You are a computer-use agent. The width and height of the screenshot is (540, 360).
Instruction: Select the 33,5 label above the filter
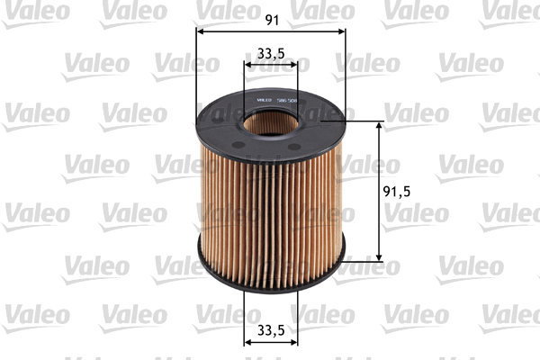[x=271, y=54]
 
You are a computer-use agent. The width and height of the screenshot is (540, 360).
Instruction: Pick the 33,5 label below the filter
[x=271, y=330]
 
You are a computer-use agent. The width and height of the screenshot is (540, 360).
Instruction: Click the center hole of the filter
[x=271, y=121]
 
